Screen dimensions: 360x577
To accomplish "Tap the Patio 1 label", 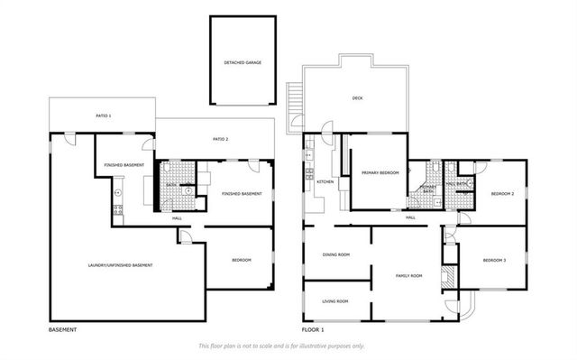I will tap(104, 115).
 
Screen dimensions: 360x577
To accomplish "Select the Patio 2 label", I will tap(220, 139).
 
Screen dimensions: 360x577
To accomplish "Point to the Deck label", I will tap(357, 99).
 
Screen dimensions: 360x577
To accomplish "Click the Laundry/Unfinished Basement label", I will tap(120, 264).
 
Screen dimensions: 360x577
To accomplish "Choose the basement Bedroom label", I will tap(241, 260).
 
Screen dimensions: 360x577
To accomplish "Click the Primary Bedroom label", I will tap(380, 171).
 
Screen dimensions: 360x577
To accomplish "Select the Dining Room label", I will tap(336, 254).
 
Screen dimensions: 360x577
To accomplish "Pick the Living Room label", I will tap(335, 300).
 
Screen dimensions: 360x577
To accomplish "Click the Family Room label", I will tap(409, 275).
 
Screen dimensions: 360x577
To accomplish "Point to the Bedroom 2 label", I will tap(502, 193).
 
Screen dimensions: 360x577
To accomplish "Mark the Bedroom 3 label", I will tap(494, 260).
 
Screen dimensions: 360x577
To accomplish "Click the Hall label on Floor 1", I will tap(410, 217).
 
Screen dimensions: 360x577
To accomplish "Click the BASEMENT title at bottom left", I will tap(62, 330).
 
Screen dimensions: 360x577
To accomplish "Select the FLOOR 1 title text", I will tap(314, 330).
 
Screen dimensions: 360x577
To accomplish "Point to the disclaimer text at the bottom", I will tap(281, 346).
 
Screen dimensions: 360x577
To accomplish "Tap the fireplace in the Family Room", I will tap(444, 279).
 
